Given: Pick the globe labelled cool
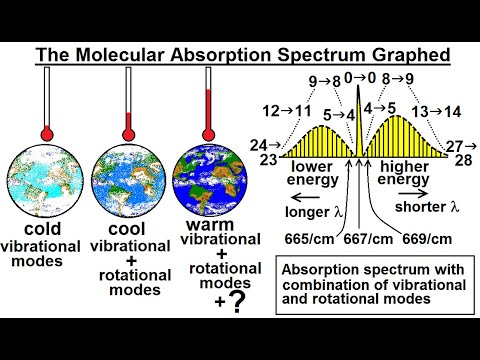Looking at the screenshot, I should tap(128, 188).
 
